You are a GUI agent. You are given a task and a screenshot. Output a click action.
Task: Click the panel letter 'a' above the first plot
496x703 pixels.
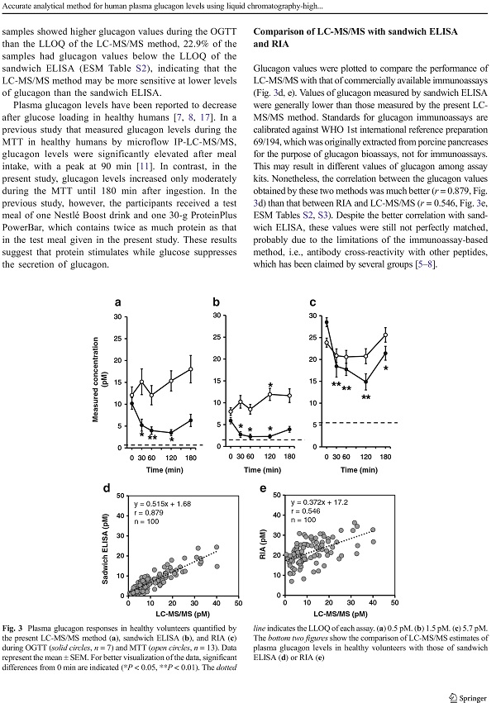pyautogui.click(x=117, y=302)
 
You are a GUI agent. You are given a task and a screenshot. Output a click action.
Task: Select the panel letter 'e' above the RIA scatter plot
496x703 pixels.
pyautogui.click(x=263, y=488)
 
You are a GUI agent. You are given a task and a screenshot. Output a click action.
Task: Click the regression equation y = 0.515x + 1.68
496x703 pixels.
pyautogui.click(x=162, y=503)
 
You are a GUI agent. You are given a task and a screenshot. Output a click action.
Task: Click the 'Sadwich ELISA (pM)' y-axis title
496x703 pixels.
pyautogui.click(x=105, y=549)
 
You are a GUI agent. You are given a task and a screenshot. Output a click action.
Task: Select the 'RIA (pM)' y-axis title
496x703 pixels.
pyautogui.click(x=263, y=544)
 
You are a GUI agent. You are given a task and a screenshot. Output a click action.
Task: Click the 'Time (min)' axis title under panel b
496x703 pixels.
pyautogui.click(x=262, y=469)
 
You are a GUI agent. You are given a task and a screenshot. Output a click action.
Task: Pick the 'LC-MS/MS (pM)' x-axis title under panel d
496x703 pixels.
pyautogui.click(x=183, y=613)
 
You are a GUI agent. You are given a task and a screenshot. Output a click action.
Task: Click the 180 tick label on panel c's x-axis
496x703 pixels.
pyautogui.click(x=385, y=457)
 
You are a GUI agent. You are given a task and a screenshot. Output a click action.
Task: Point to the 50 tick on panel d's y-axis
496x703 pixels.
pyautogui.click(x=120, y=496)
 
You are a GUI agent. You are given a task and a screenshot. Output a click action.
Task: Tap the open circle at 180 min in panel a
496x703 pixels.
pyautogui.click(x=191, y=369)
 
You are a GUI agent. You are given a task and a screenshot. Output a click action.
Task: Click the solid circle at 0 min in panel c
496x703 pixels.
pyautogui.click(x=327, y=322)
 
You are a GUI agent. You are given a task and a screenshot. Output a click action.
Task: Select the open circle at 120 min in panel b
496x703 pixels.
pyautogui.click(x=270, y=395)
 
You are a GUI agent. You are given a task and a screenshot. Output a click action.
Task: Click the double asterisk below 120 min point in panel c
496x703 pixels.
pyautogui.click(x=366, y=397)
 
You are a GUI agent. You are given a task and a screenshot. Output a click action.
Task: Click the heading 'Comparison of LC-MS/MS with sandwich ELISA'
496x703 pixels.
pyautogui.click(x=355, y=31)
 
